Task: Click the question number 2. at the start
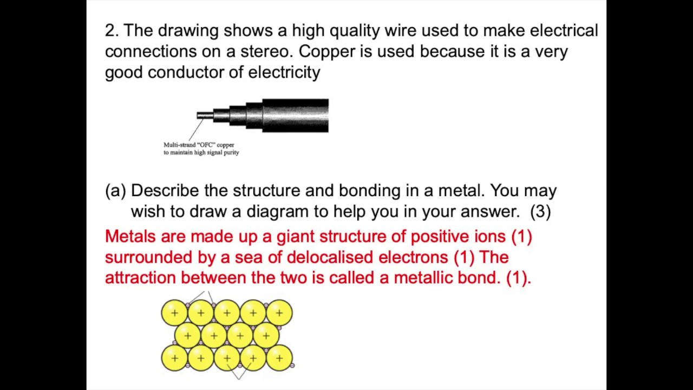pyautogui.click(x=112, y=31)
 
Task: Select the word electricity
pyautogui.click(x=284, y=73)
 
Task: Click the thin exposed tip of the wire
pyautogui.click(x=204, y=115)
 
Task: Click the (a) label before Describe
pyautogui.click(x=115, y=191)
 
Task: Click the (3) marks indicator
pyautogui.click(x=540, y=211)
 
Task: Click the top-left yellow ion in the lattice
pyautogui.click(x=174, y=313)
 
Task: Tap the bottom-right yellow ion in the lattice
pyautogui.click(x=279, y=358)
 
